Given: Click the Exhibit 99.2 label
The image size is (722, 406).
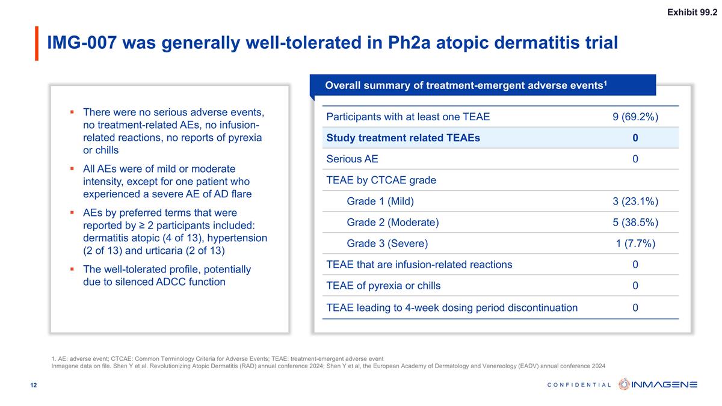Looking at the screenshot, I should (692, 13).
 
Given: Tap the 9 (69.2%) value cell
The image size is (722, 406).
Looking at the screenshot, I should (635, 117).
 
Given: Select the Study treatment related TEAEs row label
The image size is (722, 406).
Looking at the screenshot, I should (403, 138).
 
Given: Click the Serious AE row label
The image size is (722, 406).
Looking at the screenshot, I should (352, 159).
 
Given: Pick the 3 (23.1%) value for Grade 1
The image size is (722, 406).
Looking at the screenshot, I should (635, 201).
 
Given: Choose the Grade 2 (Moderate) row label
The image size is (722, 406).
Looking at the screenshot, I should (393, 222).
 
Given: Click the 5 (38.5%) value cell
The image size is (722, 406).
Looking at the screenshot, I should (635, 222).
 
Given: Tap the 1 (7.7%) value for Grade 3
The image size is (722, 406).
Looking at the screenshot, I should (635, 244).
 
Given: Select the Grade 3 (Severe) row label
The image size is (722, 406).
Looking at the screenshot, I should (387, 244).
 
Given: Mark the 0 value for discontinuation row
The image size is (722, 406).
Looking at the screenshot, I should (635, 307).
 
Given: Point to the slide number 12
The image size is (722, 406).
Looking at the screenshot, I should (34, 385).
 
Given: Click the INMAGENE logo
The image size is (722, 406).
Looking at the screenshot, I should (658, 384).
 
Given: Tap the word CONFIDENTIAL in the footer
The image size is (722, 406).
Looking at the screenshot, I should (579, 385).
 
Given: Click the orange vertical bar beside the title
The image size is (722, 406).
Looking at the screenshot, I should (36, 43).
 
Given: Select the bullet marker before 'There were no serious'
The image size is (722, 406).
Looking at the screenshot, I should (72, 112).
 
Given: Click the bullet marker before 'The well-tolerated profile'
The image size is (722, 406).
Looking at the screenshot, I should (72, 269).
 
